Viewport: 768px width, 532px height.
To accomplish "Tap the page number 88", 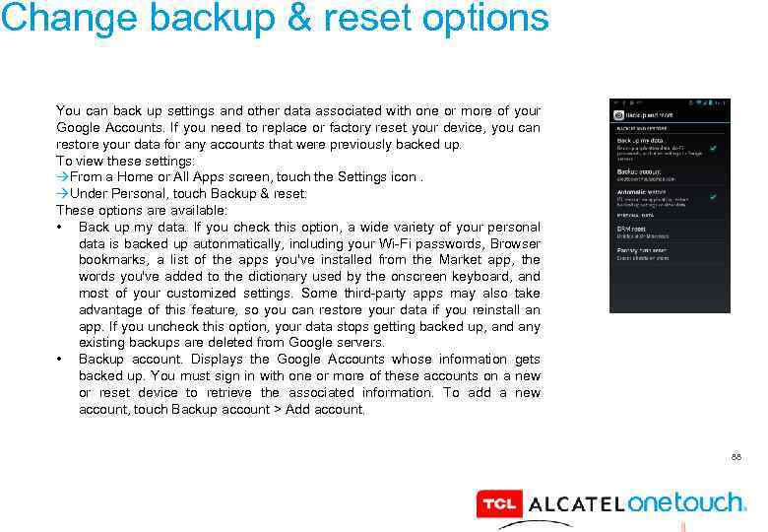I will (736, 457).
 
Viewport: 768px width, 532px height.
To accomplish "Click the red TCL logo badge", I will (498, 503).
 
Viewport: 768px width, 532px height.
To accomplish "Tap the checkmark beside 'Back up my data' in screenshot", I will (712, 147).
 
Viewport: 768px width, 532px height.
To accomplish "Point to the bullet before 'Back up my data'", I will (62, 228).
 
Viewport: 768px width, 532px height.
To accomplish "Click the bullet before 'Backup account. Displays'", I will (62, 360).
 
